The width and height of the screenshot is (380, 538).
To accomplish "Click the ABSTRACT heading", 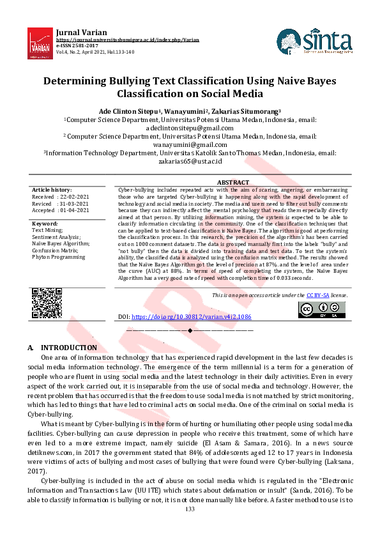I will pos(233,183).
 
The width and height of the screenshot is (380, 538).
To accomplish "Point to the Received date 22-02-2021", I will pos(75,197).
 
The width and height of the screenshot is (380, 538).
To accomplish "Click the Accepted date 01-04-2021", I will pos(75,210).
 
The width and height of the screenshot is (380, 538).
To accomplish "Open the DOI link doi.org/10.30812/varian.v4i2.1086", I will pos(192,316).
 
